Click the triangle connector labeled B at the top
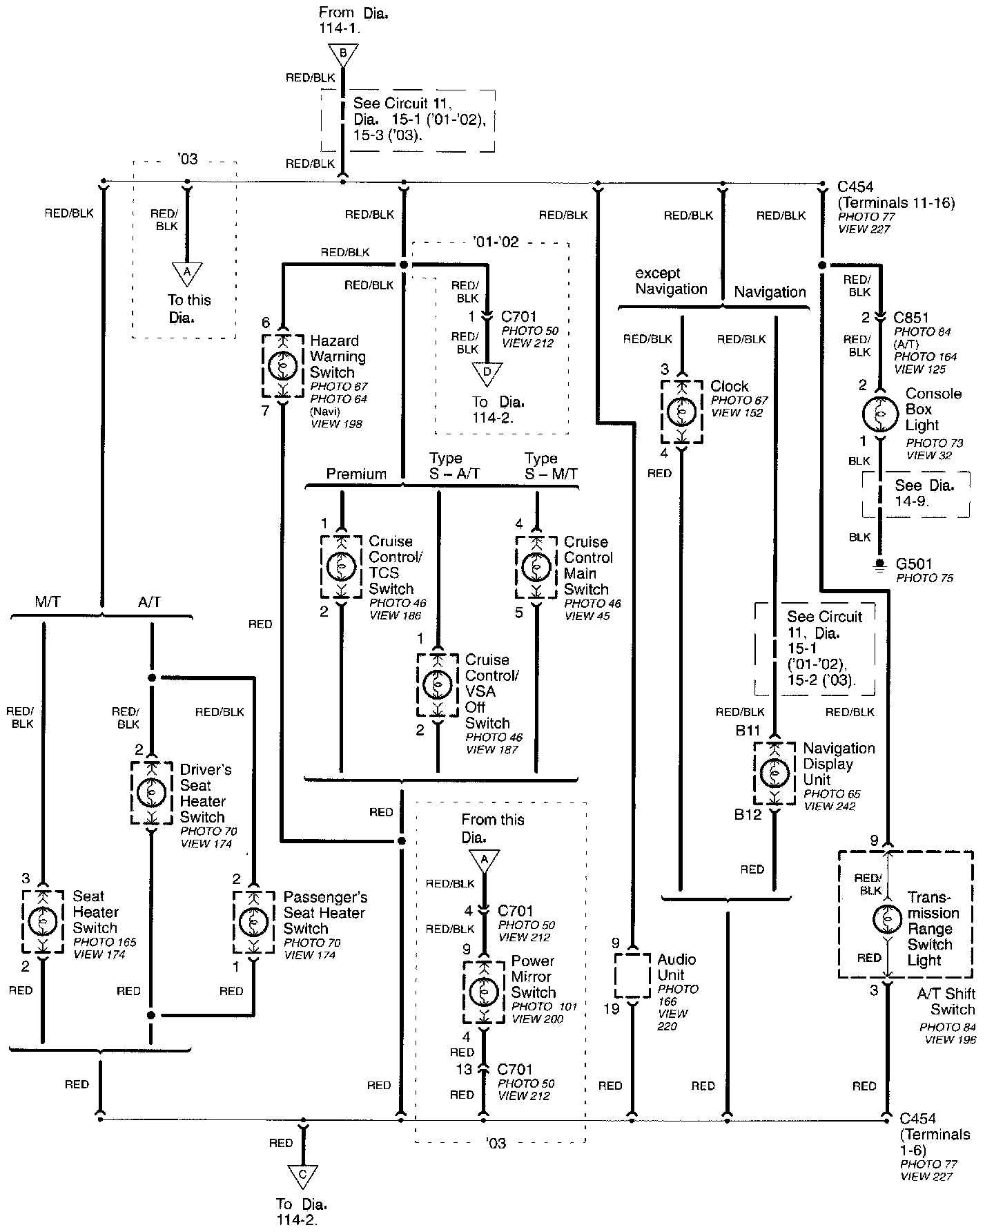coord(342,53)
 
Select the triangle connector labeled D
coord(487,373)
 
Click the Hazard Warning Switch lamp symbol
coord(282,366)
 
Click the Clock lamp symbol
coord(681,412)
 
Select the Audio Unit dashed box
coord(632,975)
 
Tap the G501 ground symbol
coord(879,565)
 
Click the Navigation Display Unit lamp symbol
coord(774,773)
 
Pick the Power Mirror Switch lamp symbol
coord(483,992)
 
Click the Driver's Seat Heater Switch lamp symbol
coord(151,793)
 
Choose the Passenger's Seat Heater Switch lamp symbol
coord(253,921)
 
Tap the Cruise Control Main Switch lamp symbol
coord(536,568)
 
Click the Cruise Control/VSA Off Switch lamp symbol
coord(437,685)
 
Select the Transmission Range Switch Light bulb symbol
coord(888,918)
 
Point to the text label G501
coord(913,564)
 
